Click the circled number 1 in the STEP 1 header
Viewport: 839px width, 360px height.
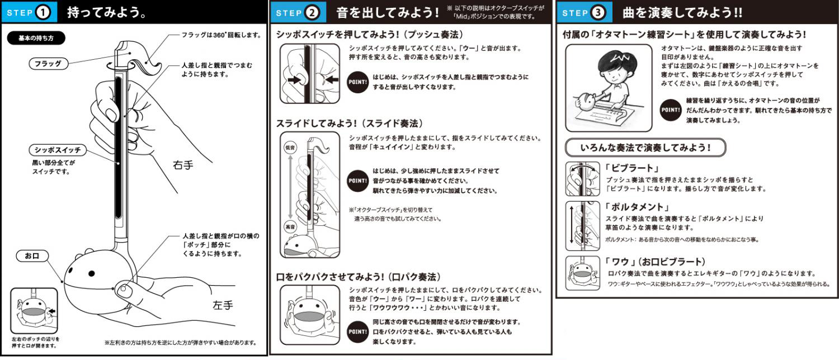tap(43, 12)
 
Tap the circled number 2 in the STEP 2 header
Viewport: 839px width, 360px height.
tap(312, 12)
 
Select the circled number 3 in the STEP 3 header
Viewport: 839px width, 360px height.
tap(598, 12)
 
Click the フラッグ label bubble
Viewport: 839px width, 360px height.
tap(48, 64)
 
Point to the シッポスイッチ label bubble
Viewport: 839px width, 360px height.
tap(58, 150)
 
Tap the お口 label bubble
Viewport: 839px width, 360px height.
tap(32, 256)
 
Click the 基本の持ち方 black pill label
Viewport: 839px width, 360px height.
tap(36, 38)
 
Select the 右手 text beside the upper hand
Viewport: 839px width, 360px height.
tap(183, 165)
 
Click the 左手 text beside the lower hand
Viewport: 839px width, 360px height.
tap(223, 305)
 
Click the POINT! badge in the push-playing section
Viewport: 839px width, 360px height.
tap(358, 82)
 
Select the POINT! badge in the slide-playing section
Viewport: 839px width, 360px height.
tap(358, 181)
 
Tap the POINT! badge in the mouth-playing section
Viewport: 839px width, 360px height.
tap(358, 331)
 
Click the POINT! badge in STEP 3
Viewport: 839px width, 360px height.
tap(671, 110)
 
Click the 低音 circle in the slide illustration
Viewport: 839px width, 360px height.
tap(290, 148)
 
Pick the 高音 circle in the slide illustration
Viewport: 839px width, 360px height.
tap(290, 227)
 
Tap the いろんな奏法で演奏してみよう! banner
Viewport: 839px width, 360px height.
tap(645, 148)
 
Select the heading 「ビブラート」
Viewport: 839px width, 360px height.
tap(632, 168)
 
